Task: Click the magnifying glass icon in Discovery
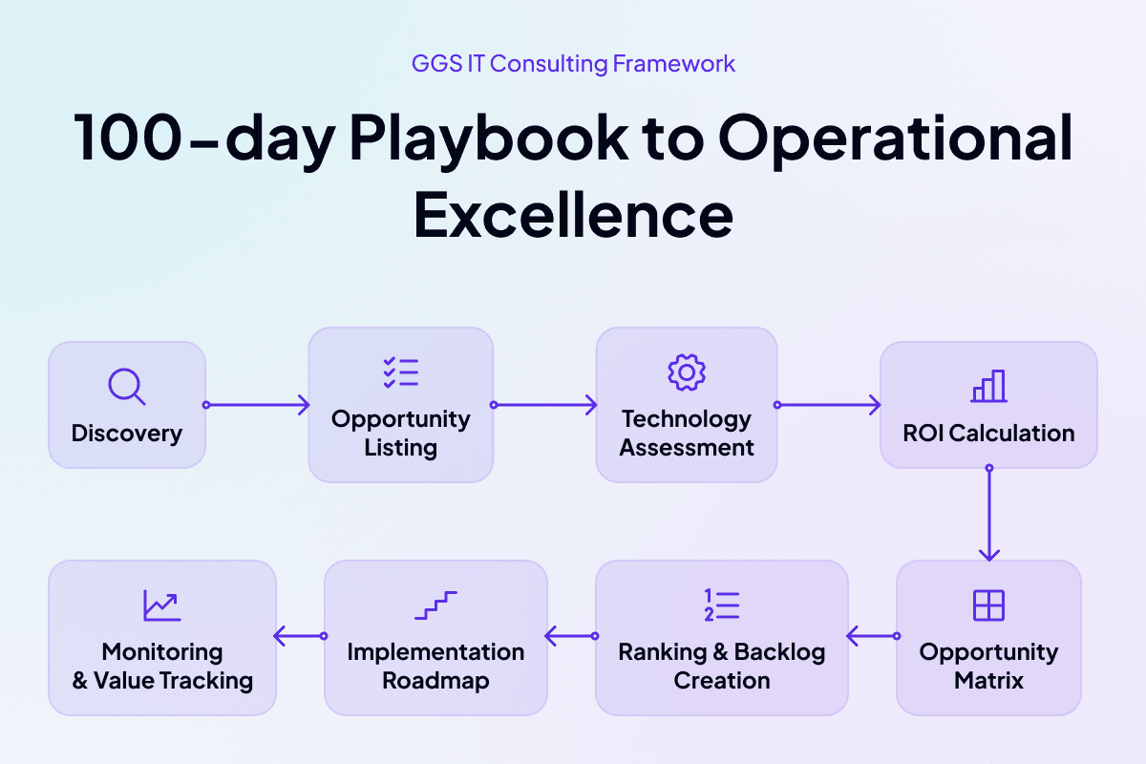tap(124, 384)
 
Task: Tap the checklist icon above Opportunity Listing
tap(400, 372)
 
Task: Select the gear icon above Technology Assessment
tap(687, 372)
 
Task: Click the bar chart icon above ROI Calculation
tap(989, 386)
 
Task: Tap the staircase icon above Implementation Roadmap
tap(435, 605)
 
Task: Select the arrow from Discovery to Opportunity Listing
tap(256, 405)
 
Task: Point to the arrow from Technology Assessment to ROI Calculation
tap(827, 405)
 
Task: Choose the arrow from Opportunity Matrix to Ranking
tap(873, 636)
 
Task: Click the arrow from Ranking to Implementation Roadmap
tap(571, 636)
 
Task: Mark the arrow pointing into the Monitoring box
tap(300, 636)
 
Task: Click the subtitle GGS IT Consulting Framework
tap(573, 64)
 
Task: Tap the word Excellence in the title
tap(573, 215)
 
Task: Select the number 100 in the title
tap(128, 138)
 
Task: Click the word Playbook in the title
tap(489, 139)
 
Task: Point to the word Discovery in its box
tap(127, 434)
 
